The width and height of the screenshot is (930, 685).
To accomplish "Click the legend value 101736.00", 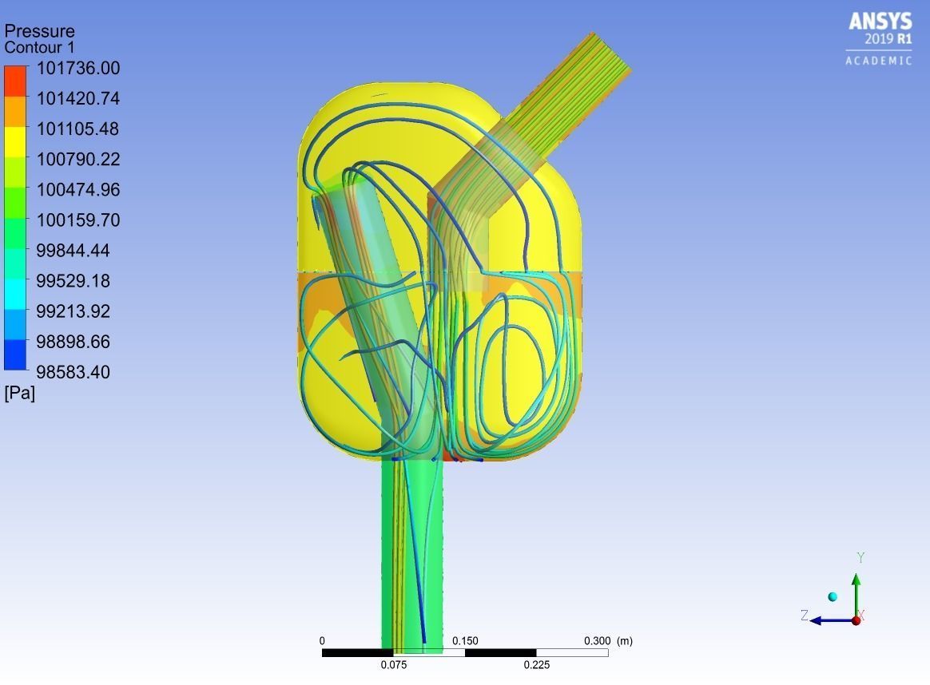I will [77, 69].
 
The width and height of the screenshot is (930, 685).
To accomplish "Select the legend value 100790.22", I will [77, 160].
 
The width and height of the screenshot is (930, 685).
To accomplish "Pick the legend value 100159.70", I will [77, 220].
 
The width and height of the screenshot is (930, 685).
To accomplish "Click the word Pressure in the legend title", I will [39, 31].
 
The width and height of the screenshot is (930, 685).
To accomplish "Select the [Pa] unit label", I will [20, 393].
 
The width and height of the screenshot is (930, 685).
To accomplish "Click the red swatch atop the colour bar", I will [15, 81].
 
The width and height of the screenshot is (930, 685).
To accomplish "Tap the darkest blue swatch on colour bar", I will [15, 355].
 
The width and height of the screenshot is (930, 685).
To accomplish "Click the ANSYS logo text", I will [880, 22].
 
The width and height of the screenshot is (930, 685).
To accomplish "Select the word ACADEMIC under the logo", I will [879, 61].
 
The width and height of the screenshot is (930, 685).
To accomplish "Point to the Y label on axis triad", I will [860, 558].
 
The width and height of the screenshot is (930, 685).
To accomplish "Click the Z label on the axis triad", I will [805, 616].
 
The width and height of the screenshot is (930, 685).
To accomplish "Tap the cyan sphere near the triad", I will [833, 597].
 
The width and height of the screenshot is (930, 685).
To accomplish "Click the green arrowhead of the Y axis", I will [856, 580].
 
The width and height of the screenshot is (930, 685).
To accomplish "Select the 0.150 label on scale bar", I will [465, 641].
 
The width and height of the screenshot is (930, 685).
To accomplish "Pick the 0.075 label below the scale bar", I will [393, 665].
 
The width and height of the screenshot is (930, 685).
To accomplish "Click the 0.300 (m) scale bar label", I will [608, 641].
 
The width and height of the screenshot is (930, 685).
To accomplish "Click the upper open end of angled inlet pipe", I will [611, 52].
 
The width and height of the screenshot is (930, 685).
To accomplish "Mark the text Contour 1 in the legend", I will [39, 47].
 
